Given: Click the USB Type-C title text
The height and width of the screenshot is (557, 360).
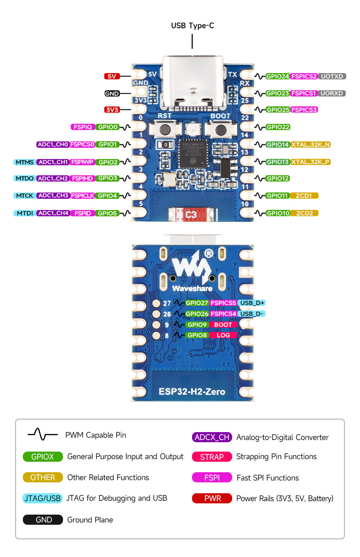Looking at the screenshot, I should (192, 26).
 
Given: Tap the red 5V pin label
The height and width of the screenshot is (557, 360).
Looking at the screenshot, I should (112, 76).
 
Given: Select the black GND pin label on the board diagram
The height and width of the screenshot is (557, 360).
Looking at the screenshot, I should (112, 93).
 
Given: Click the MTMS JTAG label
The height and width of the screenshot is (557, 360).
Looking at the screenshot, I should (25, 162).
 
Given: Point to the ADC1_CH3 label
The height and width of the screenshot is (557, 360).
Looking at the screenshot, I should (53, 195).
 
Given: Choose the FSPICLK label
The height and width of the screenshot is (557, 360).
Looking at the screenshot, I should (82, 195).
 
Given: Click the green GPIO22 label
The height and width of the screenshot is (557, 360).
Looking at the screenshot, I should (278, 127).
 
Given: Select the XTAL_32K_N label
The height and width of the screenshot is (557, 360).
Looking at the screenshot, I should (310, 144).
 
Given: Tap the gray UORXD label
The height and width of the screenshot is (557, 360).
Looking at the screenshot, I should (331, 93).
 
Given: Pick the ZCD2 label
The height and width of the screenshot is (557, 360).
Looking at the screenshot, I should (304, 213).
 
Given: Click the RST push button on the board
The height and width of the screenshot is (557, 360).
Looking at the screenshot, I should (164, 130).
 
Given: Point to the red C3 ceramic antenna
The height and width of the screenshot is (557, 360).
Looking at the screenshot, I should (191, 215).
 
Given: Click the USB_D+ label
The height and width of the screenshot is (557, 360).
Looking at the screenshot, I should (252, 303).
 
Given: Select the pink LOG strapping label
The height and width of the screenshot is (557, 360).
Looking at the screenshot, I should (223, 335).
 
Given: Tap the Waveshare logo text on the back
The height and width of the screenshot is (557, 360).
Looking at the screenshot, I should (192, 288).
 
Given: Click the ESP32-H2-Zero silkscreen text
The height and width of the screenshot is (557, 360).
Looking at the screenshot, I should (192, 392).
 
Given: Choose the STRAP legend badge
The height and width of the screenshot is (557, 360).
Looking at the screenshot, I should (212, 457).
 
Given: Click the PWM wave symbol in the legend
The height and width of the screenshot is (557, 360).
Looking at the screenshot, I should (42, 434).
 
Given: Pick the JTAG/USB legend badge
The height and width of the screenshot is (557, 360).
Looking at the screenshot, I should (42, 498).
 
